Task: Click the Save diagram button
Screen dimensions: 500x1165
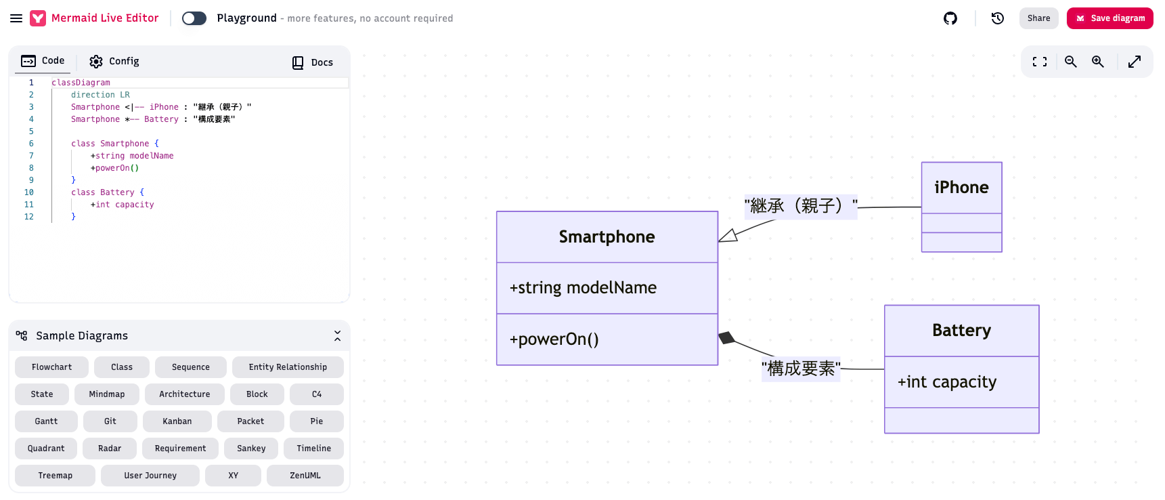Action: pos(1109,18)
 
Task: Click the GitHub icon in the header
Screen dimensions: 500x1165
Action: pos(950,18)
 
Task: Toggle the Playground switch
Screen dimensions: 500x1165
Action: pos(194,18)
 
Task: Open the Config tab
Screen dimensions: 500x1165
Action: pos(114,62)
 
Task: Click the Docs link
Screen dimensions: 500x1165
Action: pos(313,62)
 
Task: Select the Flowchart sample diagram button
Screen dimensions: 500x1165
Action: pos(51,367)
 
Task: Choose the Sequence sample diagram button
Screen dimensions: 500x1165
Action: pos(190,367)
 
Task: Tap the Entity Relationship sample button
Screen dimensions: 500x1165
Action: pos(288,367)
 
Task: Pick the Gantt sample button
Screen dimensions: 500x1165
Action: pos(46,421)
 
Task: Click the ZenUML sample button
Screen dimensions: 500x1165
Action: pos(305,476)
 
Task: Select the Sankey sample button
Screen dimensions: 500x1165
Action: pos(251,449)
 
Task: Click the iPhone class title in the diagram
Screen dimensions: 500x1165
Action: pos(961,188)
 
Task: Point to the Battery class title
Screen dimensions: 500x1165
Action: pos(961,331)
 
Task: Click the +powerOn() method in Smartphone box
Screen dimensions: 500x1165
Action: pos(554,339)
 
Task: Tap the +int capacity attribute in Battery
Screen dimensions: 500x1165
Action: pos(947,382)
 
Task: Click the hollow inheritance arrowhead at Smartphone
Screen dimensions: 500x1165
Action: pos(728,236)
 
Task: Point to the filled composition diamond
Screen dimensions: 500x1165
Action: pos(726,337)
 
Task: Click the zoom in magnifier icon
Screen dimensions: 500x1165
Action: pos(1097,62)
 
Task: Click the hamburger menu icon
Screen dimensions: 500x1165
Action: pos(16,18)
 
